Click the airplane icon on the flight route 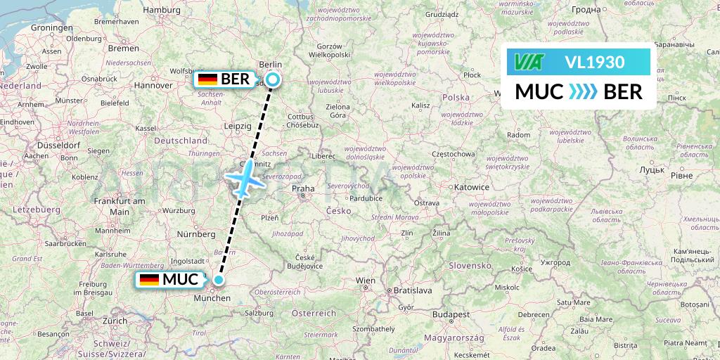244,176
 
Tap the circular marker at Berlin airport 272,79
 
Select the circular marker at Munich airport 219,280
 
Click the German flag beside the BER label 207,79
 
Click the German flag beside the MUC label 149,280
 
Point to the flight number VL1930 594,63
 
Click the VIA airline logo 529,63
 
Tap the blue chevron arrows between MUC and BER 582,91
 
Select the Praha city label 303,188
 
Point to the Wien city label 365,281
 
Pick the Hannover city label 154,85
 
